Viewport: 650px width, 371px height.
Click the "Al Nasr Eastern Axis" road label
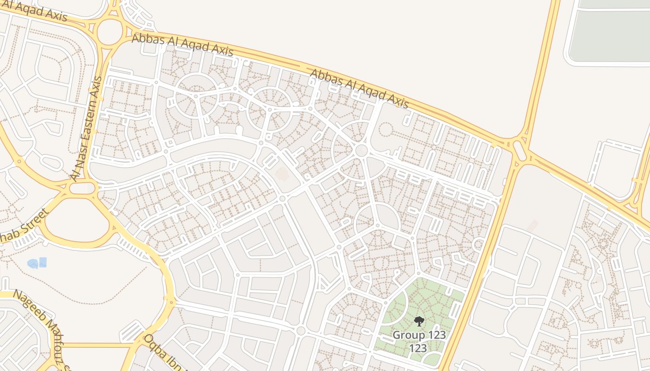(x=86, y=128)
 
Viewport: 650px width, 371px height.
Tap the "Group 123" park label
(x=419, y=335)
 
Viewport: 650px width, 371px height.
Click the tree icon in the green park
(x=419, y=321)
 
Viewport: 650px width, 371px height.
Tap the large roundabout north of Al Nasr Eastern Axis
(x=110, y=32)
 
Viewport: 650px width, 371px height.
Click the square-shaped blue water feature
(x=43, y=262)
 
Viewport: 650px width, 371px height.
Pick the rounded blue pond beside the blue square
(x=32, y=263)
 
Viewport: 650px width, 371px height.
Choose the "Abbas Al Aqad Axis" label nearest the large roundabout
(x=182, y=45)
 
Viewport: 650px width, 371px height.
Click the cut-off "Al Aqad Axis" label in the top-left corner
(x=35, y=9)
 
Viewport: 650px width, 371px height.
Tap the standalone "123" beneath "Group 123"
(x=418, y=348)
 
